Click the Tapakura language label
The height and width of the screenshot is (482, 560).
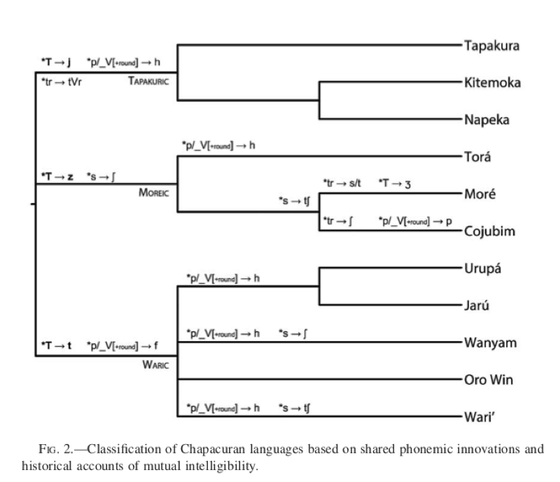pyautogui.click(x=492, y=46)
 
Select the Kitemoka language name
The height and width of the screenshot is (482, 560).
pyautogui.click(x=493, y=83)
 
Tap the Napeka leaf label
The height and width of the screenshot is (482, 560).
pyautogui.click(x=486, y=120)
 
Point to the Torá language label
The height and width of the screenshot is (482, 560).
pyautogui.click(x=477, y=157)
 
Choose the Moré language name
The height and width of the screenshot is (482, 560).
pyautogui.click(x=480, y=194)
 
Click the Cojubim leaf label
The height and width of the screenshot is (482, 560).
pyautogui.click(x=489, y=232)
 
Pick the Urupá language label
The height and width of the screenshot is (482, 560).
pyautogui.click(x=482, y=269)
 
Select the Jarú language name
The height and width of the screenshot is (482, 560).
pyautogui.click(x=477, y=305)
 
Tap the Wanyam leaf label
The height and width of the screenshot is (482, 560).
pyautogui.click(x=491, y=343)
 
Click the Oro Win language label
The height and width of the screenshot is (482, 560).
pyautogui.click(x=489, y=380)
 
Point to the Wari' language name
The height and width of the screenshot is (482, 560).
pyautogui.click(x=479, y=418)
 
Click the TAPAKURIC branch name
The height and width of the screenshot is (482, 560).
pyautogui.click(x=148, y=81)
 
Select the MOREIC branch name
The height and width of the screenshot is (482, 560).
pyautogui.click(x=154, y=193)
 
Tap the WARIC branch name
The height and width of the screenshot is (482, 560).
pyautogui.click(x=155, y=365)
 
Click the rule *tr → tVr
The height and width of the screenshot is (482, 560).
pyautogui.click(x=62, y=82)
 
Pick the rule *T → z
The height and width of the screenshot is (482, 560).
pyautogui.click(x=57, y=177)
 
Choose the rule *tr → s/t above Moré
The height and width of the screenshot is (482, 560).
pyautogui.click(x=342, y=184)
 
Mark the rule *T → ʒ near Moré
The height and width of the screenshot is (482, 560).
pyautogui.click(x=395, y=184)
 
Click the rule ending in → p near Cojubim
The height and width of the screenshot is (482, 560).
pyautogui.click(x=415, y=221)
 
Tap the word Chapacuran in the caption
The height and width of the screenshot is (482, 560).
pyautogui.click(x=213, y=449)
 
